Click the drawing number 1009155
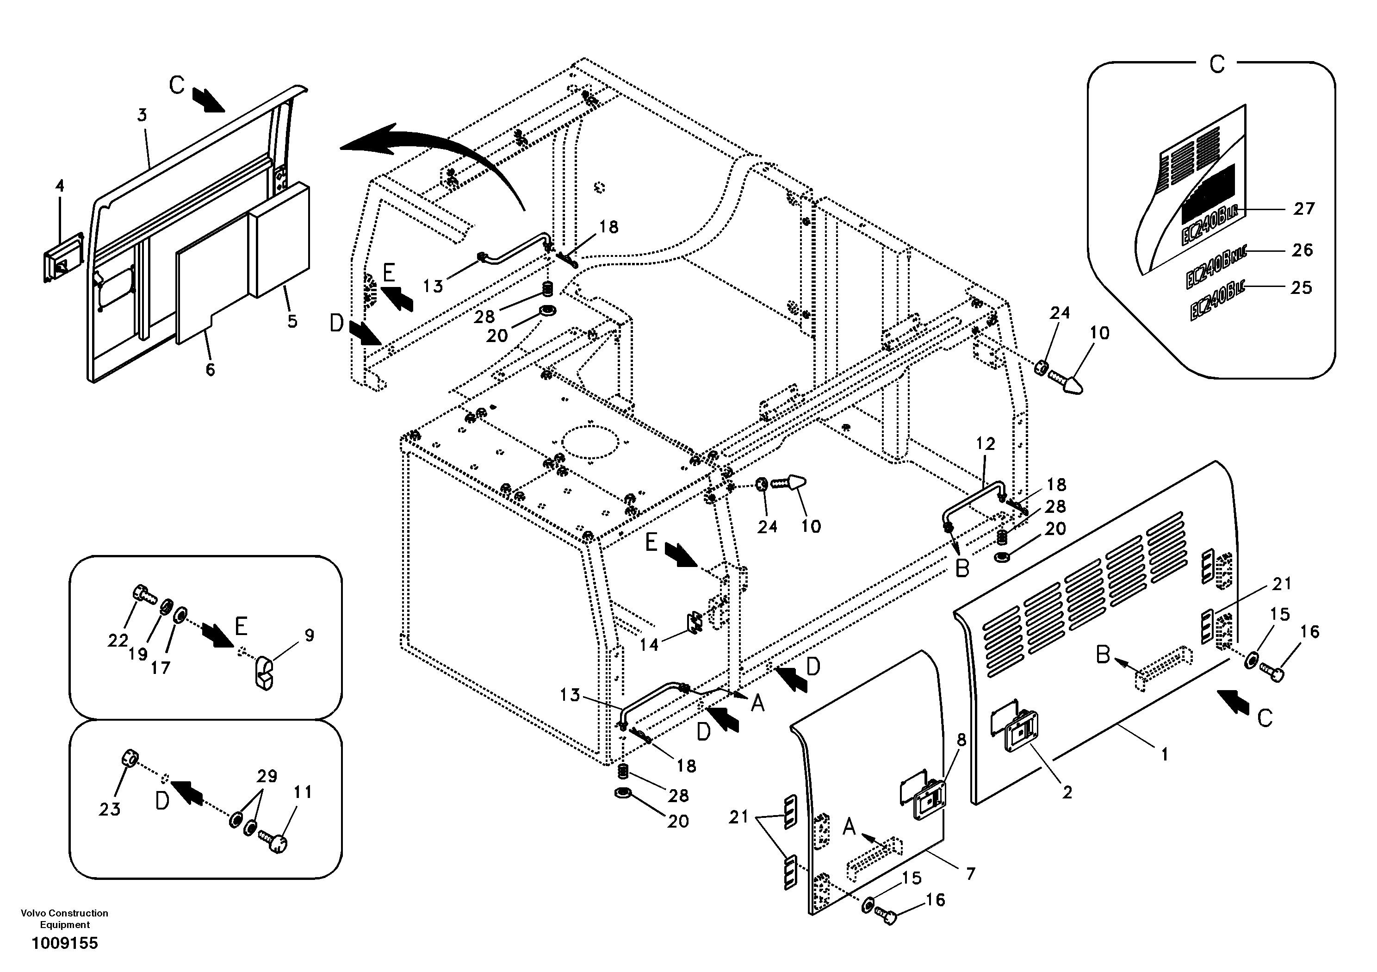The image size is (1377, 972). point(64,943)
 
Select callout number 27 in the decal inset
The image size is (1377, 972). point(1304,209)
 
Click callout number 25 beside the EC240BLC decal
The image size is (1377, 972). point(1302,287)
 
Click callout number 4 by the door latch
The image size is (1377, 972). point(59,186)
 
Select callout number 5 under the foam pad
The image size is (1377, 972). point(292,321)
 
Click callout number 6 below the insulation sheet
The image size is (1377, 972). point(210,370)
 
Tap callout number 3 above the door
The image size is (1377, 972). point(142,115)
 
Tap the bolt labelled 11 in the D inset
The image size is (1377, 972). point(275,840)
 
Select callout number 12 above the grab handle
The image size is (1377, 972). point(986,443)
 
